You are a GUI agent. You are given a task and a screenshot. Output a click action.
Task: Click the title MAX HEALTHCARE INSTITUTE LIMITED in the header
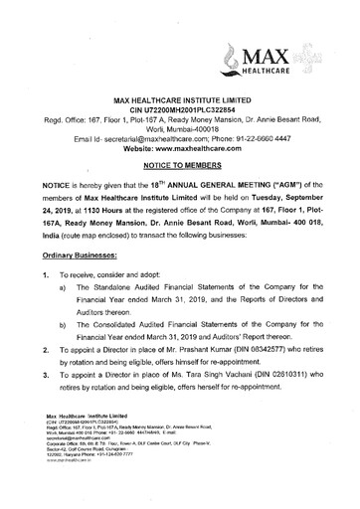pos(180,73)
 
